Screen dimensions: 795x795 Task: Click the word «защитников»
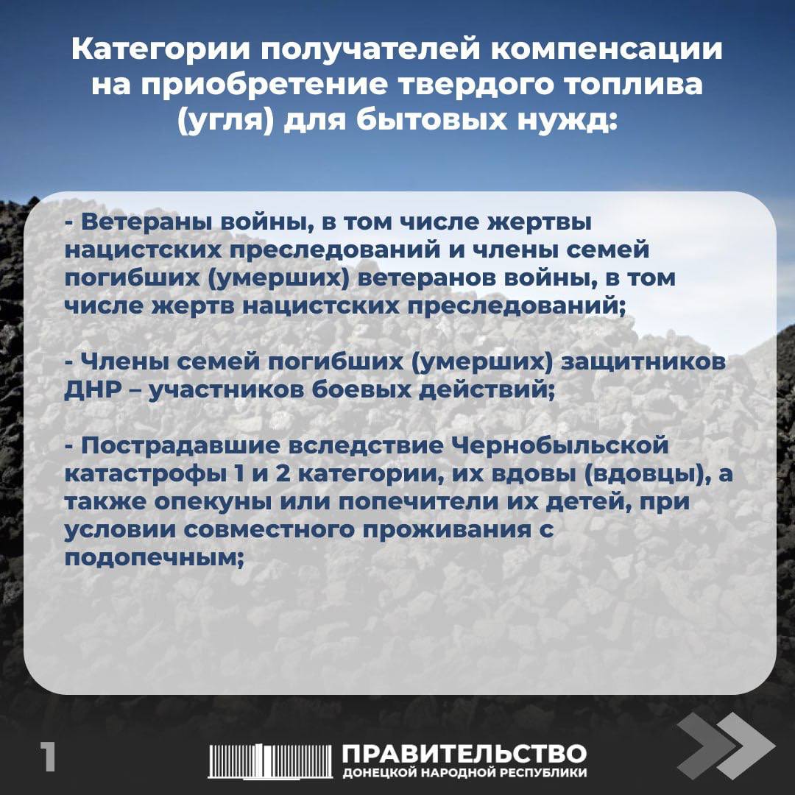point(644,363)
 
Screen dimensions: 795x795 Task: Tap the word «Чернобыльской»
point(559,447)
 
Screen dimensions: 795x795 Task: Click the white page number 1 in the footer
point(49,757)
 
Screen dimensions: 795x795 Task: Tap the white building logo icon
point(270,760)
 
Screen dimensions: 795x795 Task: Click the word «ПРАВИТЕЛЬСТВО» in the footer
point(464,754)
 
